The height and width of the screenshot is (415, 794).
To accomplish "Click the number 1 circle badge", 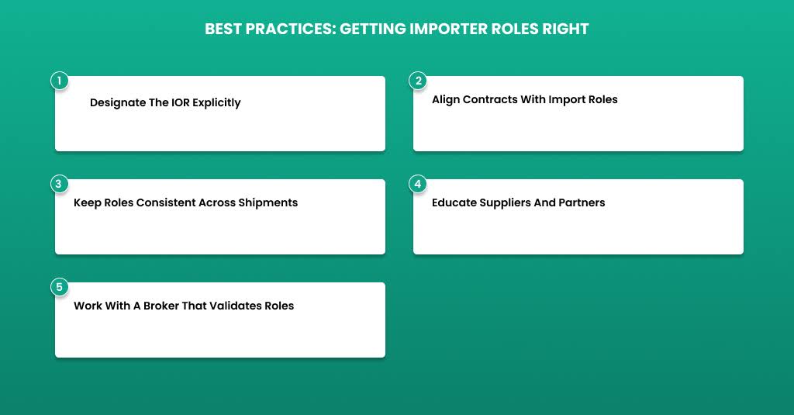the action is tap(59, 81).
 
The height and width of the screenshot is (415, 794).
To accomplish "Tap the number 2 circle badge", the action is tap(418, 81).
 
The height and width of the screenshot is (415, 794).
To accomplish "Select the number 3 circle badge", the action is tap(59, 183).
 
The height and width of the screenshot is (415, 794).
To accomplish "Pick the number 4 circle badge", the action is tap(418, 183).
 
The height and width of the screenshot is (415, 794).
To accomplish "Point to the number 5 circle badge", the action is tap(59, 287).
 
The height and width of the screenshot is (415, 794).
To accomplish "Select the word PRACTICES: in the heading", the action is tap(291, 29).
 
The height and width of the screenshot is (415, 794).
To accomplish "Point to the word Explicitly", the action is tap(217, 103).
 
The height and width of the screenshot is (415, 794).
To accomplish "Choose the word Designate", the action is tap(118, 103).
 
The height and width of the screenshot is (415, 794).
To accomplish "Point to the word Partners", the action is tap(582, 202).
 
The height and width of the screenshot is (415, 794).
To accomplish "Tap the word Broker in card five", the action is tap(161, 306).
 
